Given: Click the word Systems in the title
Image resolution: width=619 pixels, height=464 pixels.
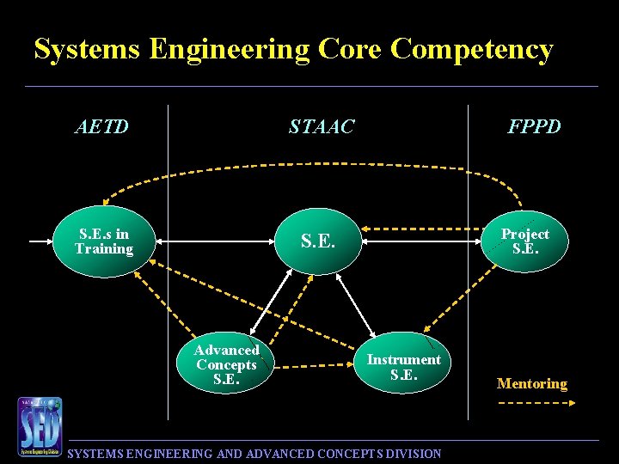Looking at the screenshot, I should [x=87, y=49].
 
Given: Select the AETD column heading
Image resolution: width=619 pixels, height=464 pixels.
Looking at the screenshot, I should [x=102, y=127].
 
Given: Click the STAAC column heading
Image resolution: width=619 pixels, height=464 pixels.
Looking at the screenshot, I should [x=322, y=127].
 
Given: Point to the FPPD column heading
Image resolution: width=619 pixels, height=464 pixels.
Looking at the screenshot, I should [x=534, y=127].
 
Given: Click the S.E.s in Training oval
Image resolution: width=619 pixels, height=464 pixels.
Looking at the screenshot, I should [x=103, y=242].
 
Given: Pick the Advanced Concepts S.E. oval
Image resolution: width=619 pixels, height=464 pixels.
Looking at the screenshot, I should [x=226, y=364].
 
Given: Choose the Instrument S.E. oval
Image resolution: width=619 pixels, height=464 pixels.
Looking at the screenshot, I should [x=403, y=367].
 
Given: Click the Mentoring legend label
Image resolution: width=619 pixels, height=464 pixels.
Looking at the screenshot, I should [x=532, y=384].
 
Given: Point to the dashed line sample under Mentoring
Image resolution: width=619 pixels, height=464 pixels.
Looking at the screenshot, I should [x=532, y=404].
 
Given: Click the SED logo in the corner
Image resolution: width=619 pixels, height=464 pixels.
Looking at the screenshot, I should [x=40, y=426].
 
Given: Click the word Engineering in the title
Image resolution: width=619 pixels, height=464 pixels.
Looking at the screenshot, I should [x=229, y=49].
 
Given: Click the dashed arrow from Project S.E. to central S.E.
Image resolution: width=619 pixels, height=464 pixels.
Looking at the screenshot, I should [x=421, y=229].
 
